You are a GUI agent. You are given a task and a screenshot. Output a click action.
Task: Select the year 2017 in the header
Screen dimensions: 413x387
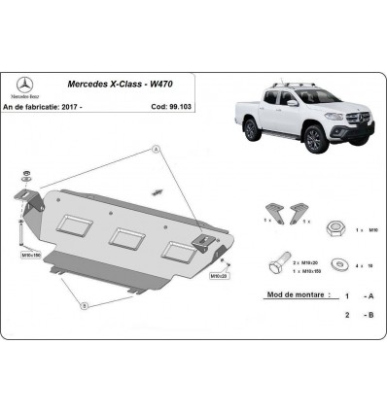93,106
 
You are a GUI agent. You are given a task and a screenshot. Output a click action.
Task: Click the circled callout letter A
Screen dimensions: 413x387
154,149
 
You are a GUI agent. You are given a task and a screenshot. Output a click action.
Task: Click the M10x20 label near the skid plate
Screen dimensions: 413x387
219,275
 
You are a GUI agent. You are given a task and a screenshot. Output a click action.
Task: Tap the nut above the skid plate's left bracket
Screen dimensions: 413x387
24,178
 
